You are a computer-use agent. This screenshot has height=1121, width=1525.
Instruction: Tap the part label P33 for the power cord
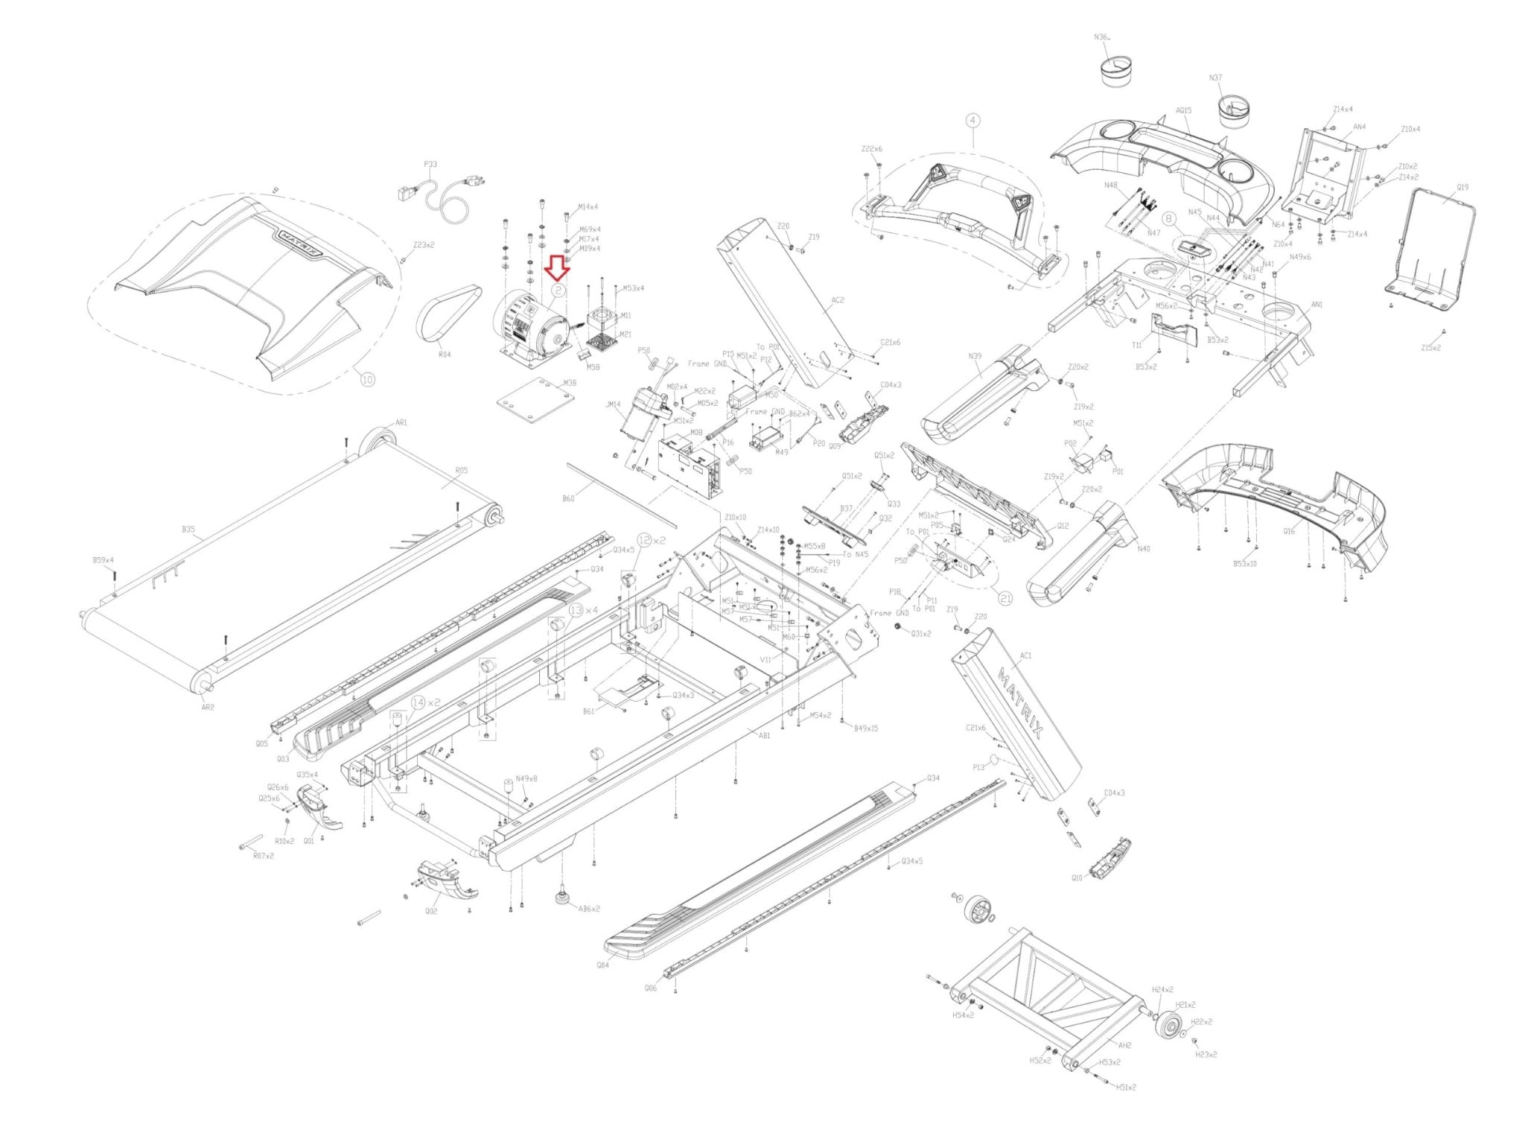(x=430, y=165)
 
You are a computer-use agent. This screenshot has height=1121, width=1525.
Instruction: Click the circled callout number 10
(x=367, y=379)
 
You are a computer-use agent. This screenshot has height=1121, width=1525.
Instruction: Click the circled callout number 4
(x=973, y=119)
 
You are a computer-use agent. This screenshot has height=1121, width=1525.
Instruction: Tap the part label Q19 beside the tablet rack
(x=1462, y=188)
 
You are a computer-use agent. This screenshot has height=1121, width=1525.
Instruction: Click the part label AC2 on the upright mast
(x=837, y=300)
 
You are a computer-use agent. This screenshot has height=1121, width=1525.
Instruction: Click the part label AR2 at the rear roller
(x=208, y=707)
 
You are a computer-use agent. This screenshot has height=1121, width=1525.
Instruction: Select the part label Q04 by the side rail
(x=602, y=965)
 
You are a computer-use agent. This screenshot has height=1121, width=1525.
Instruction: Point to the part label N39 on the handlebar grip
(x=975, y=357)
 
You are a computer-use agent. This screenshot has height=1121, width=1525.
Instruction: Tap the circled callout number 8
(x=1168, y=219)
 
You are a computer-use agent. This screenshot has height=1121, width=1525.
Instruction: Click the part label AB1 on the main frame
(x=764, y=736)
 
